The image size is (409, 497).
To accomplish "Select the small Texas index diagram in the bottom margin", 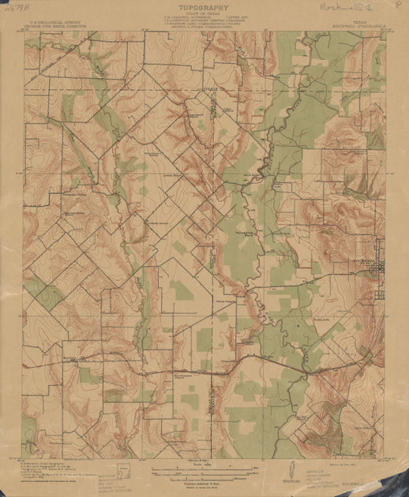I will tap(122, 472).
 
